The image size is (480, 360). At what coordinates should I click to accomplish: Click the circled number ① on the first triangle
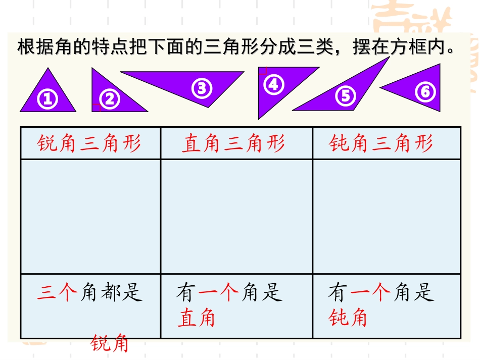pos(47,99)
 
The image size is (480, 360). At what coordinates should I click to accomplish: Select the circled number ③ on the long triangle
pos(202,88)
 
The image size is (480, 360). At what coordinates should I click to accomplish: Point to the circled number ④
pos(273,84)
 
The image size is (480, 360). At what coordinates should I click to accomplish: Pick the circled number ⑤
pos(346,95)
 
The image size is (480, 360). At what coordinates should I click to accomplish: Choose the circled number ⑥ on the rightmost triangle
pos(425,92)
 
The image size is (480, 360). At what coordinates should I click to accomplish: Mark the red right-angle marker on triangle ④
pos(262,71)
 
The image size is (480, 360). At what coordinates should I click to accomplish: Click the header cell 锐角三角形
pos(89,144)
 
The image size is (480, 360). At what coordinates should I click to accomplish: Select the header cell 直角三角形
pos(233,144)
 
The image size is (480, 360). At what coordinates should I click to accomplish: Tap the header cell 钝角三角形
pos(381,144)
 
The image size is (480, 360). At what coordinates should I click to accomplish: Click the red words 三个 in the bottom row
pos(57,292)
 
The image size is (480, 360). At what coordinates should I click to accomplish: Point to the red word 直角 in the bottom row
pos(196,318)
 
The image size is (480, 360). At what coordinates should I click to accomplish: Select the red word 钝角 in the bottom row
pos(348,318)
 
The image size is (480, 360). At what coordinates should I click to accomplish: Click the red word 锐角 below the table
pos(110,344)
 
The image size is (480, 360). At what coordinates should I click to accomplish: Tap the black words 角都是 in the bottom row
pos(112,292)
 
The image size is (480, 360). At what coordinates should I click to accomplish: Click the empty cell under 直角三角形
pos(236,217)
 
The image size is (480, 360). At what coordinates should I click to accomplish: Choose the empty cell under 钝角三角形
pos(387,217)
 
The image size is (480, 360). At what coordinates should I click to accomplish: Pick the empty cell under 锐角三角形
pos(90,217)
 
